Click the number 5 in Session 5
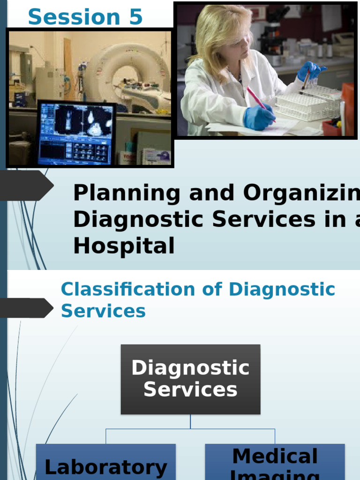click(x=134, y=17)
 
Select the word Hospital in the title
click(x=124, y=246)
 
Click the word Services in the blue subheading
click(x=103, y=311)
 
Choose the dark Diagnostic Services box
click(x=190, y=379)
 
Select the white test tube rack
click(x=307, y=103)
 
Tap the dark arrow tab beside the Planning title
click(x=26, y=186)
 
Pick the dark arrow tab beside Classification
click(x=26, y=308)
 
